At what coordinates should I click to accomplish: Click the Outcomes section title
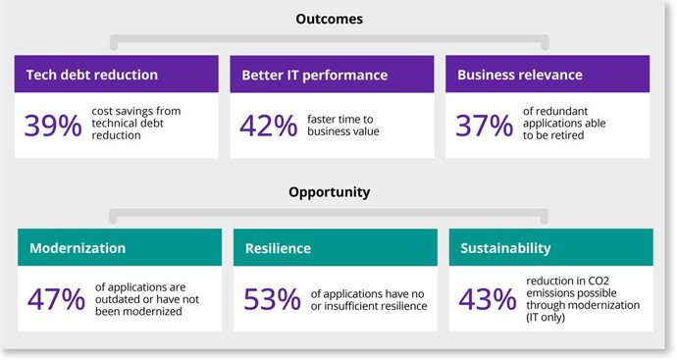329,18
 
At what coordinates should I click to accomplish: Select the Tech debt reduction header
86,75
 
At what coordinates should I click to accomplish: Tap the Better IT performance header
315,75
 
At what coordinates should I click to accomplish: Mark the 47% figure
57,298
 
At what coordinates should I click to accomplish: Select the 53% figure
272,298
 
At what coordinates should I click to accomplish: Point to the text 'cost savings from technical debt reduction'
136,125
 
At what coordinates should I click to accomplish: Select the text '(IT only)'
551,318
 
